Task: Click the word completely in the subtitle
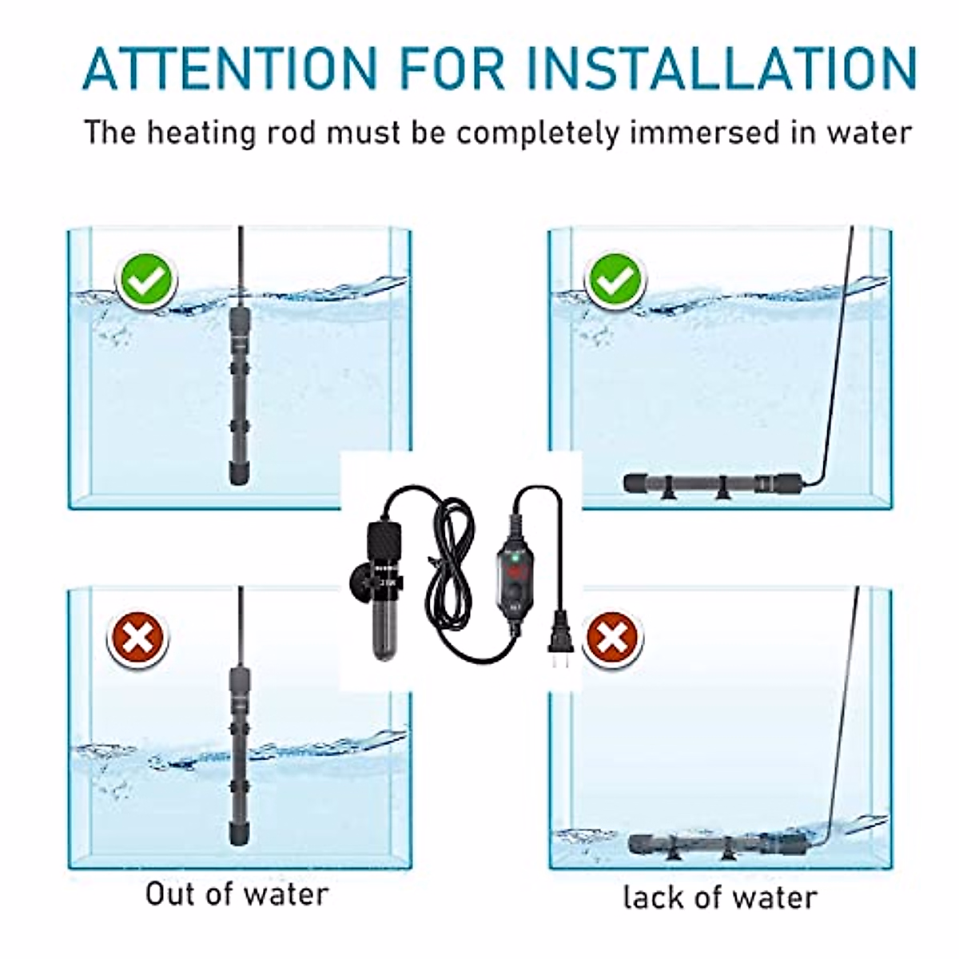pos(537,133)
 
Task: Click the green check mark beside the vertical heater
pos(146,279)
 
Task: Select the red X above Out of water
pos(138,638)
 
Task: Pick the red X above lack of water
pos(612,639)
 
